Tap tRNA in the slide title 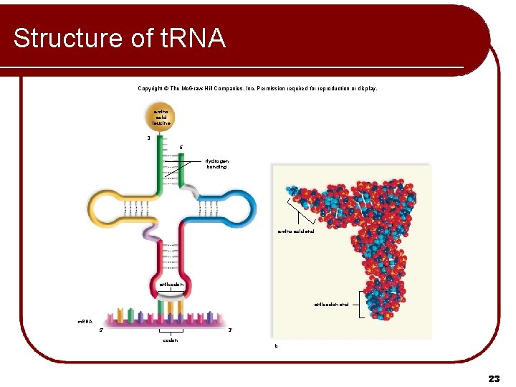coord(188,38)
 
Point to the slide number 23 coord(494,378)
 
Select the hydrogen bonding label coord(216,164)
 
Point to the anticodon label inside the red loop coord(171,285)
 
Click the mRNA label coord(86,322)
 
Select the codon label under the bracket coord(171,340)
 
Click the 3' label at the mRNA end coord(230,330)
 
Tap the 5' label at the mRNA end coord(102,330)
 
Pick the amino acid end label coord(296,231)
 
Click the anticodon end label coord(331,305)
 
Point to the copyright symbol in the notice coord(165,89)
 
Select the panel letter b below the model coord(275,346)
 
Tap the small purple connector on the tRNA coord(152,234)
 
